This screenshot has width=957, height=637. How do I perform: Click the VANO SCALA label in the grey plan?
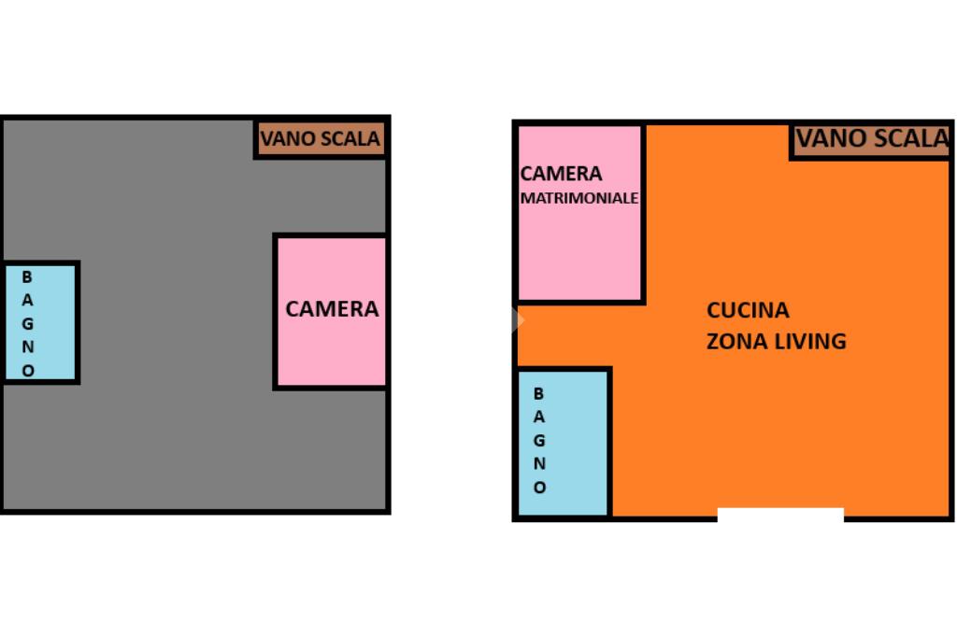(x=321, y=140)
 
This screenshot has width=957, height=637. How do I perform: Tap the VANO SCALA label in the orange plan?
(x=872, y=140)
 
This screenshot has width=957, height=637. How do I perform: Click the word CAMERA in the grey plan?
(x=332, y=309)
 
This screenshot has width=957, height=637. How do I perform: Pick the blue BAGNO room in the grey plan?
(x=40, y=323)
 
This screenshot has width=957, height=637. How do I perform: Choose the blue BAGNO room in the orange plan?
(x=564, y=443)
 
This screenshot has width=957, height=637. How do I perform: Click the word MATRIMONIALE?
(x=579, y=199)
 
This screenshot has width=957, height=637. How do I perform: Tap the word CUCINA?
(x=748, y=310)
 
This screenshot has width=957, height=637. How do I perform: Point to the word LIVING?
(x=810, y=342)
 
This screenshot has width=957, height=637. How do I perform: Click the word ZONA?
(x=736, y=342)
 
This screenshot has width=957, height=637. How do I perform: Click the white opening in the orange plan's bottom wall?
(x=780, y=515)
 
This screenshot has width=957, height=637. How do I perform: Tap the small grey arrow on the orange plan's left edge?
(x=519, y=320)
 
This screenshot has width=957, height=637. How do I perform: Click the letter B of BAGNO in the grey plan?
(x=27, y=277)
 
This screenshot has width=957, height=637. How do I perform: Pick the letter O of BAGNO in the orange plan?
(x=539, y=488)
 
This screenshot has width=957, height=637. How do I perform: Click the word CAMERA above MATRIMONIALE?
(x=561, y=174)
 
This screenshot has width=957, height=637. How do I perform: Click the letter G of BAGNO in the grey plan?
(x=27, y=324)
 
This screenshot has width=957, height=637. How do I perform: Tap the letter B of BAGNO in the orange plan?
(x=538, y=394)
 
